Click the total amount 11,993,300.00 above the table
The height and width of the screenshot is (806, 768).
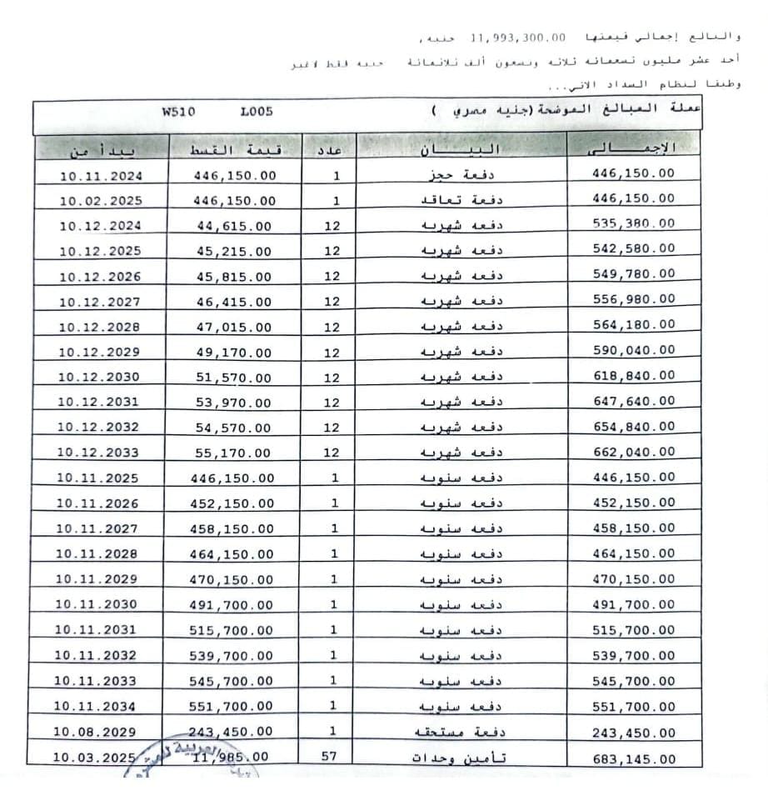[518, 38]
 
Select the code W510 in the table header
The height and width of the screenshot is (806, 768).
[178, 113]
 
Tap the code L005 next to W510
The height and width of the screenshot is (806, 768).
[256, 113]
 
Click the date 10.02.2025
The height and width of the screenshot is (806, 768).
[101, 201]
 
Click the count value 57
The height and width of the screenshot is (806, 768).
[332, 758]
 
